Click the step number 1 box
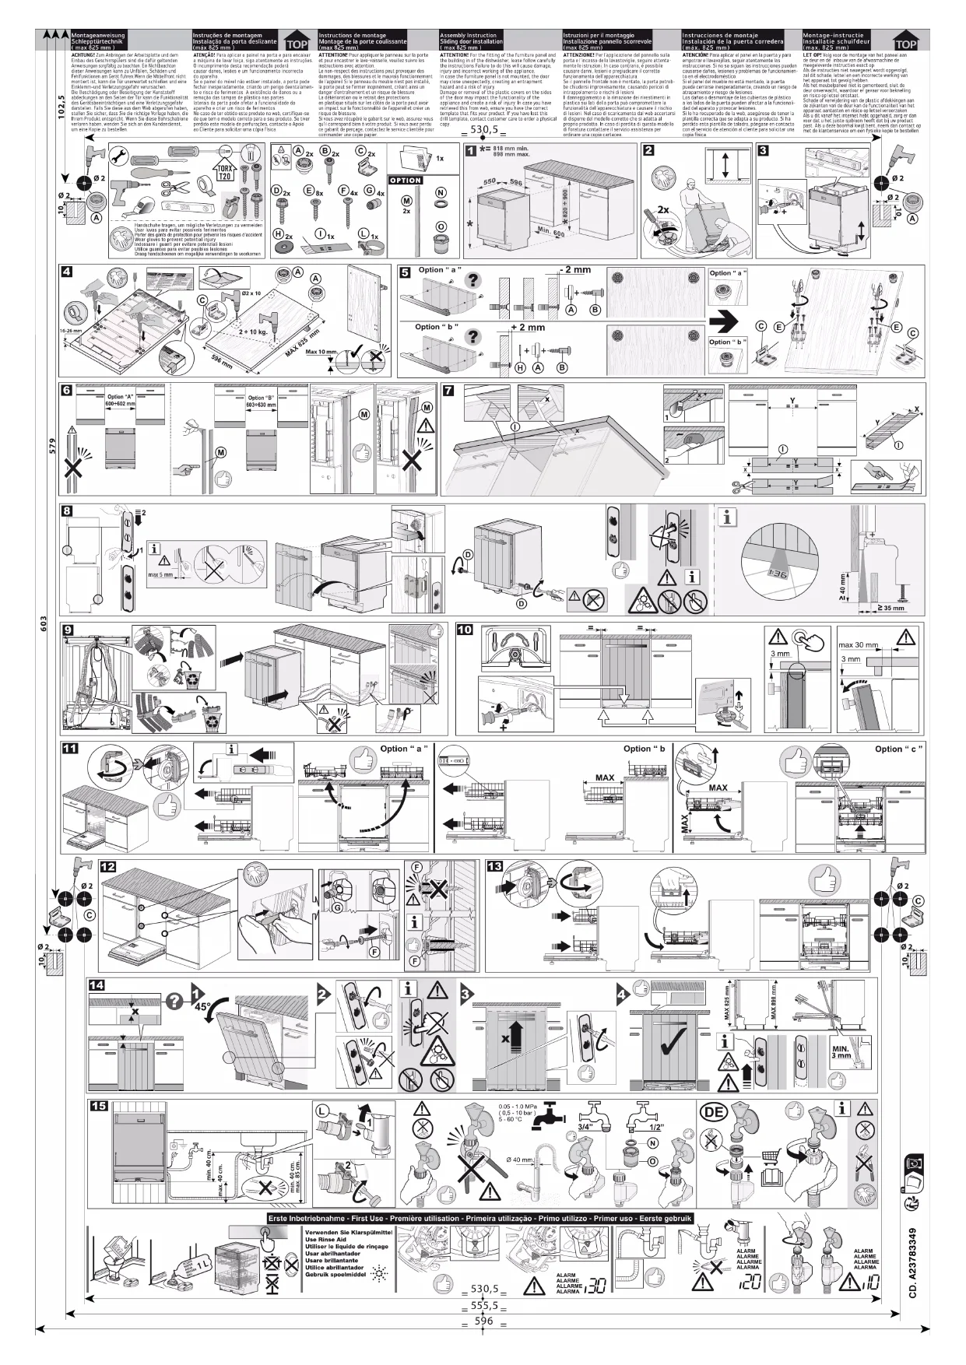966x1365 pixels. click(470, 151)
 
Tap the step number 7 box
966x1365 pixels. click(448, 391)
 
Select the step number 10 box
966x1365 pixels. click(465, 630)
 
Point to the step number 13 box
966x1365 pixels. click(494, 866)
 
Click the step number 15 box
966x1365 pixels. click(98, 1107)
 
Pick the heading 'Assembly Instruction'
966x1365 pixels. click(468, 36)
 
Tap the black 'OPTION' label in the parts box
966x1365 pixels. click(406, 181)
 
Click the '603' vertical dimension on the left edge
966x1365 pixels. click(45, 624)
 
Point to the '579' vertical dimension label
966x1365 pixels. click(52, 447)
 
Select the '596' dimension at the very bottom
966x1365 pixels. click(484, 1321)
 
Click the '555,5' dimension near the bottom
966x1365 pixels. click(484, 1306)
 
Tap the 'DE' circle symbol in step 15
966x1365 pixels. click(714, 1112)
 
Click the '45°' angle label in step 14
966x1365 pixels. click(202, 1005)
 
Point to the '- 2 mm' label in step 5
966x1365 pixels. click(574, 270)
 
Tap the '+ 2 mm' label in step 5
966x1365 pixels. click(528, 328)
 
